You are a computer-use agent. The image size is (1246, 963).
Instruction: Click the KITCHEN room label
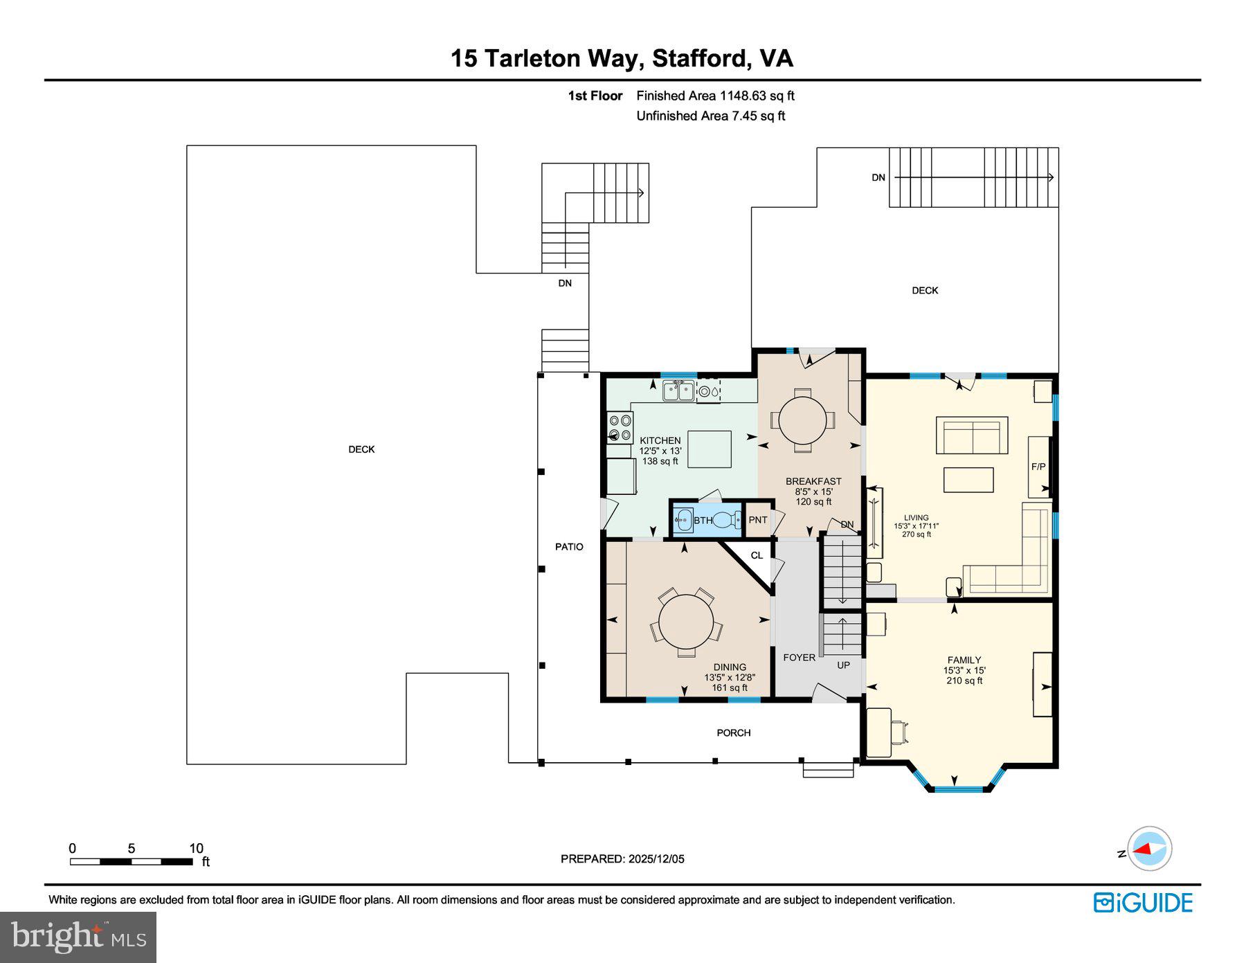660,440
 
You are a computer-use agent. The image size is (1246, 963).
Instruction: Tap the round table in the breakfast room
802,420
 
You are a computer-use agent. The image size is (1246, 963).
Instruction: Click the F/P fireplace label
1038,467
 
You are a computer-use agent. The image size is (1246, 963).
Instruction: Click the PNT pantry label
758,520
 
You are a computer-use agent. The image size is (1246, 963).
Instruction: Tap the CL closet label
757,555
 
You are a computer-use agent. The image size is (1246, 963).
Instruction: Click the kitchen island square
710,449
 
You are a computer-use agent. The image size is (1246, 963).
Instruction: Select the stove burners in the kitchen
620,427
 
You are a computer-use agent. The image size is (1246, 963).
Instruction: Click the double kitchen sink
679,392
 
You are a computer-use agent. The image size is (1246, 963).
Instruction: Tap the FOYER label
799,657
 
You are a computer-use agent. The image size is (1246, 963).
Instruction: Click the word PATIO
569,546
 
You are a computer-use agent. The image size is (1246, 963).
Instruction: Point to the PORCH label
733,732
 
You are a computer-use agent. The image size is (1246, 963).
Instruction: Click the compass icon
1149,848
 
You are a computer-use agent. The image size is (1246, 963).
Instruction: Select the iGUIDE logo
1143,903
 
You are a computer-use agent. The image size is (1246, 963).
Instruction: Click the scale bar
131,861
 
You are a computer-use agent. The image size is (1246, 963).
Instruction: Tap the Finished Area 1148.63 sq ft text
715,96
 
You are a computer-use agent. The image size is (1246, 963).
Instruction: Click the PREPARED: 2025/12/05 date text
622,858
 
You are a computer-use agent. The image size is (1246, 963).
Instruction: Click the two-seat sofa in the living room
972,435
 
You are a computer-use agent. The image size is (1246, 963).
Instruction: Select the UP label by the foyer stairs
843,665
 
